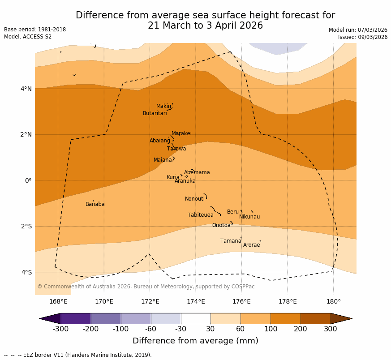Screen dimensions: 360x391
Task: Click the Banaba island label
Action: (x=95, y=205)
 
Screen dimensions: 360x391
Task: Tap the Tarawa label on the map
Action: (x=176, y=149)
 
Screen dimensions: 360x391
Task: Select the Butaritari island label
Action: (x=155, y=114)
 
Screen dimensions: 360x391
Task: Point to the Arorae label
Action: (x=251, y=245)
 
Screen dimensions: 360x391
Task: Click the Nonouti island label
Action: (x=195, y=199)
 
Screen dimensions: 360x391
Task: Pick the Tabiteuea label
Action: (x=201, y=215)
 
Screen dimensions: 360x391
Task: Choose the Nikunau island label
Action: (x=249, y=217)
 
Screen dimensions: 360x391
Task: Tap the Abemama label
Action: (x=197, y=173)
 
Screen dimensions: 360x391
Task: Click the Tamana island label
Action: (x=231, y=241)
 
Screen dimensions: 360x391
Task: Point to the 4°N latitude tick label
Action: (x=26, y=89)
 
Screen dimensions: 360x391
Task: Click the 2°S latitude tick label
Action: (x=26, y=227)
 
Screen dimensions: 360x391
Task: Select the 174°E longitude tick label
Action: (x=196, y=301)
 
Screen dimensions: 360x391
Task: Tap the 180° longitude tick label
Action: (x=334, y=301)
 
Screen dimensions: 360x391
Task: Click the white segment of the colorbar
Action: (x=196, y=318)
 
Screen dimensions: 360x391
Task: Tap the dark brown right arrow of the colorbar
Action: (x=341, y=318)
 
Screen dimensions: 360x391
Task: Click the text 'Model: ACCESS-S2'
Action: (x=28, y=37)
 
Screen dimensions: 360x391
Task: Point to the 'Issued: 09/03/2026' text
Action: (x=363, y=37)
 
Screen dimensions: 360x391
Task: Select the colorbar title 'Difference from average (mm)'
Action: (x=195, y=341)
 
